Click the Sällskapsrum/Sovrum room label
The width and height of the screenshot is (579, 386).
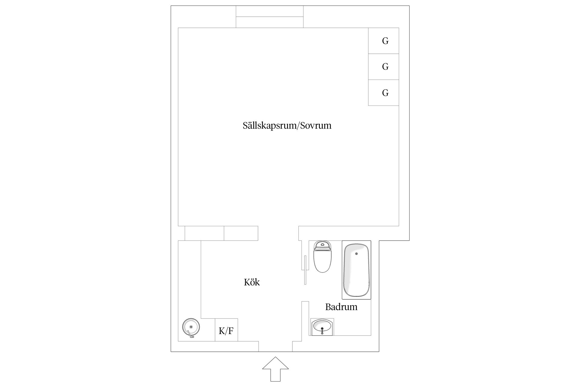tap(287, 126)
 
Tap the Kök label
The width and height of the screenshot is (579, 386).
tap(252, 282)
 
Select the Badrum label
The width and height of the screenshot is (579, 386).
tap(341, 307)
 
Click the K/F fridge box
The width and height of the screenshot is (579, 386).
tap(226, 330)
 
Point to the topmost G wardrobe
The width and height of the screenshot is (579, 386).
tap(383, 41)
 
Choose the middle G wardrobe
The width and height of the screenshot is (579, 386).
tap(383, 67)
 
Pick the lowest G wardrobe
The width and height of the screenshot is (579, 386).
tap(383, 93)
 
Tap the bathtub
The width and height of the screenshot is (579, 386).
tap(356, 270)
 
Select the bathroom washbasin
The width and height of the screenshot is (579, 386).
tap(322, 327)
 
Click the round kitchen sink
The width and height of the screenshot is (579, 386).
tap(191, 327)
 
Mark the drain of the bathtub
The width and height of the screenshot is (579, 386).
tap(356, 254)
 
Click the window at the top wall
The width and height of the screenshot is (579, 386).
tap(270, 17)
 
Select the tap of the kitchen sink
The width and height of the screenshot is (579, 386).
tap(190, 335)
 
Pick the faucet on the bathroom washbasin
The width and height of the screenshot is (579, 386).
tap(322, 331)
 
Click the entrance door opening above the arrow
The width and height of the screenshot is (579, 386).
tap(275, 346)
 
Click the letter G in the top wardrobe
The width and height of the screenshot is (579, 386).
tap(385, 41)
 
